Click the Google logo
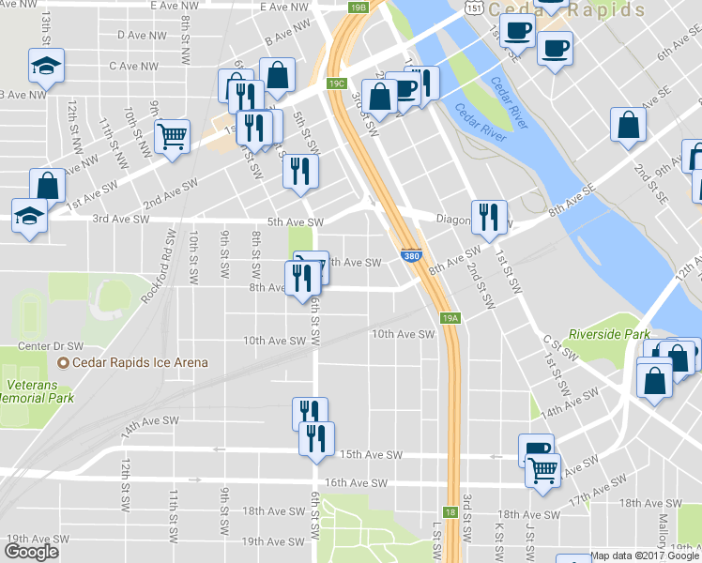[31, 552]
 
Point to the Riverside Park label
[609, 334]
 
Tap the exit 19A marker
[451, 319]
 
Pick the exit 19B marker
[359, 8]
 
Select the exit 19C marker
[337, 84]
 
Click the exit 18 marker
[450, 512]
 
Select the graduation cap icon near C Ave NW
[45, 66]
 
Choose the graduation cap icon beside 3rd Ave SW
[30, 215]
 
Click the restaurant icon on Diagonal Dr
[488, 217]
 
